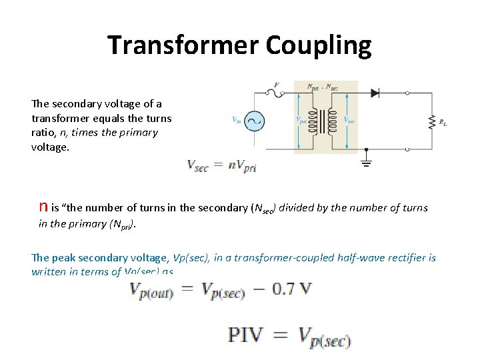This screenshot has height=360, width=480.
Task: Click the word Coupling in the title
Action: point(318,45)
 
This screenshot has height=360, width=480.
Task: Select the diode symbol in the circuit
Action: point(374,93)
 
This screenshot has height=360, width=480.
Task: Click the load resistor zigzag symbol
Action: point(432,121)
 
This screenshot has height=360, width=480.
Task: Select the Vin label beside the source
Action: point(237,121)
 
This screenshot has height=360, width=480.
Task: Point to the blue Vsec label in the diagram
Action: point(349,121)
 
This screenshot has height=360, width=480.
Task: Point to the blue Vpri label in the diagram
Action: point(301,121)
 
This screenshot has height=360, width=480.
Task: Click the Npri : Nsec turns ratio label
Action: point(323,87)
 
